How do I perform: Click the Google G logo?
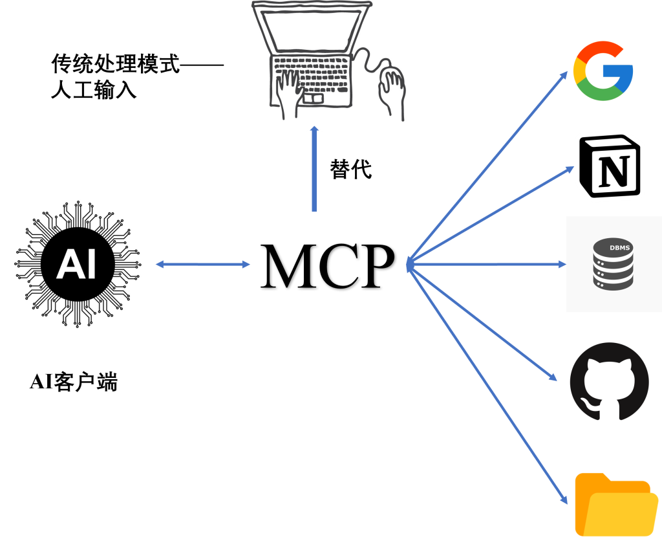603,71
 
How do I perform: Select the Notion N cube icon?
610,166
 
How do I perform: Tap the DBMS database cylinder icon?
612,265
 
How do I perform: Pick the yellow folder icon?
615,505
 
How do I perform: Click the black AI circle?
78,264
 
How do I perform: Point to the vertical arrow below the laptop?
314,170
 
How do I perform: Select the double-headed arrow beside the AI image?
202,264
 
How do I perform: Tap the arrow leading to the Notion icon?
491,215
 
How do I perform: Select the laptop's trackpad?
313,98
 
